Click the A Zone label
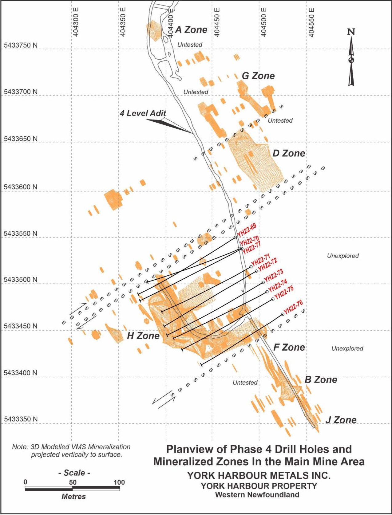point(191,30)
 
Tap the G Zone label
point(258,76)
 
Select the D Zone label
point(289,153)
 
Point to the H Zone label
point(143,336)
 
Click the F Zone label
point(289,348)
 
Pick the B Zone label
point(321,380)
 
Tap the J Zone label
point(341,420)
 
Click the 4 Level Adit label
point(143,113)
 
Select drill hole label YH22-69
point(247,231)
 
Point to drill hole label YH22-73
point(274,275)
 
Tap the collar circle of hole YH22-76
point(283,314)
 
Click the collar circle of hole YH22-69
point(236,238)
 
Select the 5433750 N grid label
point(21,45)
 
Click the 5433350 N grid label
point(21,419)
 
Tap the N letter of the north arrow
point(351,32)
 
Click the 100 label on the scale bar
point(119,482)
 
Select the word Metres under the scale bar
point(73,497)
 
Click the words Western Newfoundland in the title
point(257,495)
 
